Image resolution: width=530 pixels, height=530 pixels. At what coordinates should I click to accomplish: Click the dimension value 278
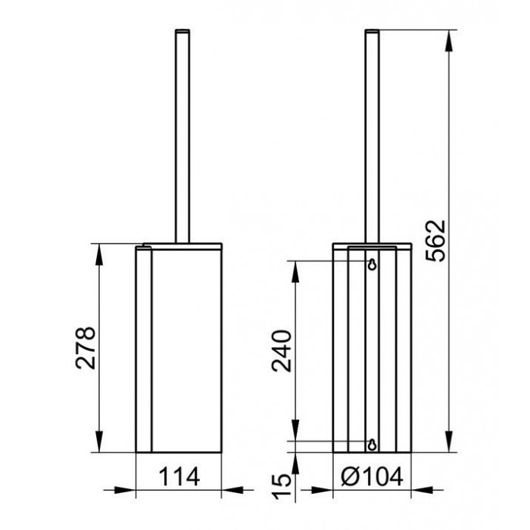pos(86,348)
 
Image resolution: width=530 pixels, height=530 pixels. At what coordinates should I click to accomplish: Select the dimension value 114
pos(179,476)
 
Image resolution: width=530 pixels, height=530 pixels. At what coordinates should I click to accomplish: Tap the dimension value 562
pos(435,240)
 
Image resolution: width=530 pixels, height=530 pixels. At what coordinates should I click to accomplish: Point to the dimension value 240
pos(282,351)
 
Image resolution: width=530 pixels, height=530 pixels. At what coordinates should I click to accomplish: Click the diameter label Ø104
pos(372,476)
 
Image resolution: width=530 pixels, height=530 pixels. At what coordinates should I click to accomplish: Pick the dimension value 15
pos(282,486)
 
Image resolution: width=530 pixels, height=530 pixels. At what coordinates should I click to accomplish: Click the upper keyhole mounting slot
pos(373,265)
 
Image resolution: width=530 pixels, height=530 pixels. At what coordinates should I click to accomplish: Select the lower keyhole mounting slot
pos(373,445)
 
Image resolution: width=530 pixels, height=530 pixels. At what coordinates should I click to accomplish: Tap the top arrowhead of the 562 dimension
pos(449,41)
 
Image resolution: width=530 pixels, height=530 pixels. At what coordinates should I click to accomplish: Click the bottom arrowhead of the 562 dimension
pos(449,441)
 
